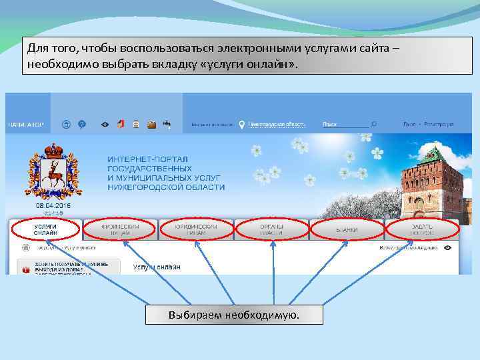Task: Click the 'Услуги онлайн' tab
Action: coord(45,229)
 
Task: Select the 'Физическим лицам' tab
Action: coord(121,229)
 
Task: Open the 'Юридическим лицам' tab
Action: coord(197,229)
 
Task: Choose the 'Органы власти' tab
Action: coord(272,229)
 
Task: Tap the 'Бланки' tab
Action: coord(347,230)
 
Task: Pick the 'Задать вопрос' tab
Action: coord(423,229)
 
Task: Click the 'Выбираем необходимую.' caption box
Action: coord(234,315)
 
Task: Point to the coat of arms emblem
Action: coord(54,171)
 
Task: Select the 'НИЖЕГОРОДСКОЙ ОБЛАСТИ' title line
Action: coord(166,188)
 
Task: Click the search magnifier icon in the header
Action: coord(374,124)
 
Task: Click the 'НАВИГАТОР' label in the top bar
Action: coord(26,125)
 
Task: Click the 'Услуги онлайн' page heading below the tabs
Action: coord(156,267)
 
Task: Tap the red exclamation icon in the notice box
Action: coord(26,270)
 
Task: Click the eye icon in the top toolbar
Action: coord(104,124)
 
